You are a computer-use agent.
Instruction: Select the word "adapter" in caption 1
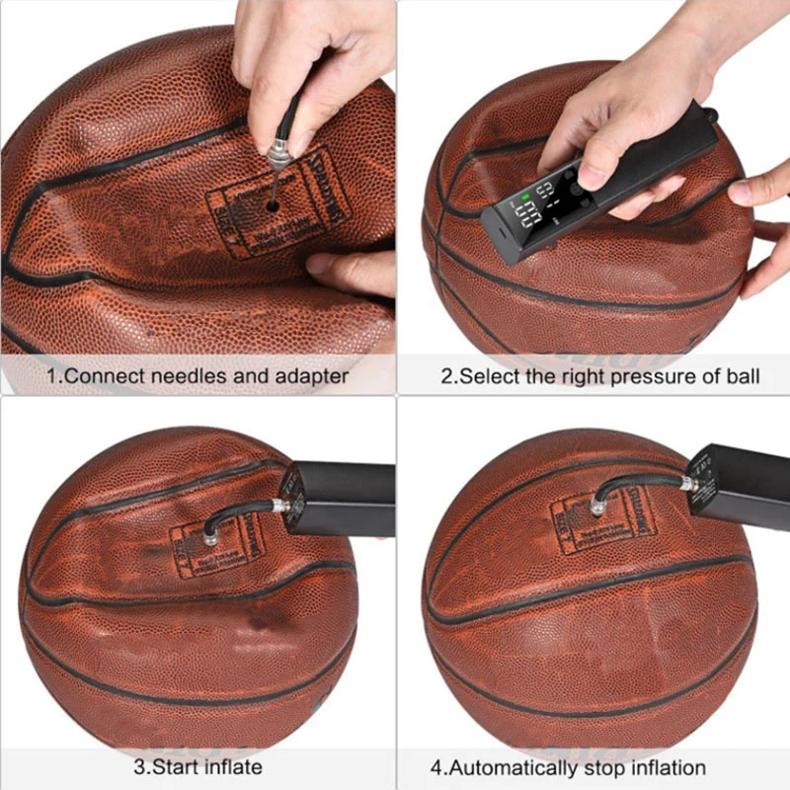click(309, 375)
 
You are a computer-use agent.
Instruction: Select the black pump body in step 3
click(341, 499)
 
